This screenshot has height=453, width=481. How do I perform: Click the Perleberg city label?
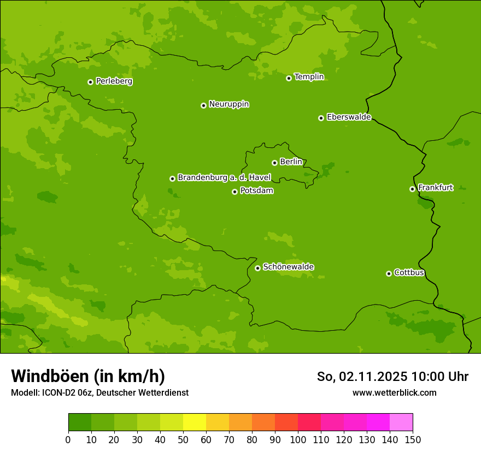pyautogui.click(x=114, y=81)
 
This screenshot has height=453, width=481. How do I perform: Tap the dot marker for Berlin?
pyautogui.click(x=274, y=163)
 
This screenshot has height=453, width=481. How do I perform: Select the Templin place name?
pyautogui.click(x=309, y=77)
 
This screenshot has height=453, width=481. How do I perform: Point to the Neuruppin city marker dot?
pyautogui.click(x=203, y=105)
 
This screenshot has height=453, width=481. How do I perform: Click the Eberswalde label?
pyautogui.click(x=349, y=117)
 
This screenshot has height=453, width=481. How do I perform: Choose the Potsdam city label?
pyautogui.click(x=256, y=191)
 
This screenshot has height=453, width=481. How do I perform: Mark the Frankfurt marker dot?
pyautogui.click(x=412, y=189)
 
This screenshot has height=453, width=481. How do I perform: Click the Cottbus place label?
pyautogui.click(x=409, y=273)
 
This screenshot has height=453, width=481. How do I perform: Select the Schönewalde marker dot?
pyautogui.click(x=257, y=268)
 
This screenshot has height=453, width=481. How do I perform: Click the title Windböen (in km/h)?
pyautogui.click(x=88, y=377)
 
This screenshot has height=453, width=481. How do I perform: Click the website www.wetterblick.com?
pyautogui.click(x=394, y=393)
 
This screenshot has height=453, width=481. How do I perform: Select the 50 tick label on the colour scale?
pyautogui.click(x=183, y=439)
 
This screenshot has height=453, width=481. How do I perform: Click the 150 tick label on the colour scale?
pyautogui.click(x=413, y=439)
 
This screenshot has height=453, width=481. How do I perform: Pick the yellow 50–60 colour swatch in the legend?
pyautogui.click(x=195, y=422)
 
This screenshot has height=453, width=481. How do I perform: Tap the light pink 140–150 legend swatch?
pyautogui.click(x=401, y=422)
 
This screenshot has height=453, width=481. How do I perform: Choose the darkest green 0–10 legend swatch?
pyautogui.click(x=80, y=422)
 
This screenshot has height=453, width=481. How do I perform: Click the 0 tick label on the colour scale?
pyautogui.click(x=68, y=439)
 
